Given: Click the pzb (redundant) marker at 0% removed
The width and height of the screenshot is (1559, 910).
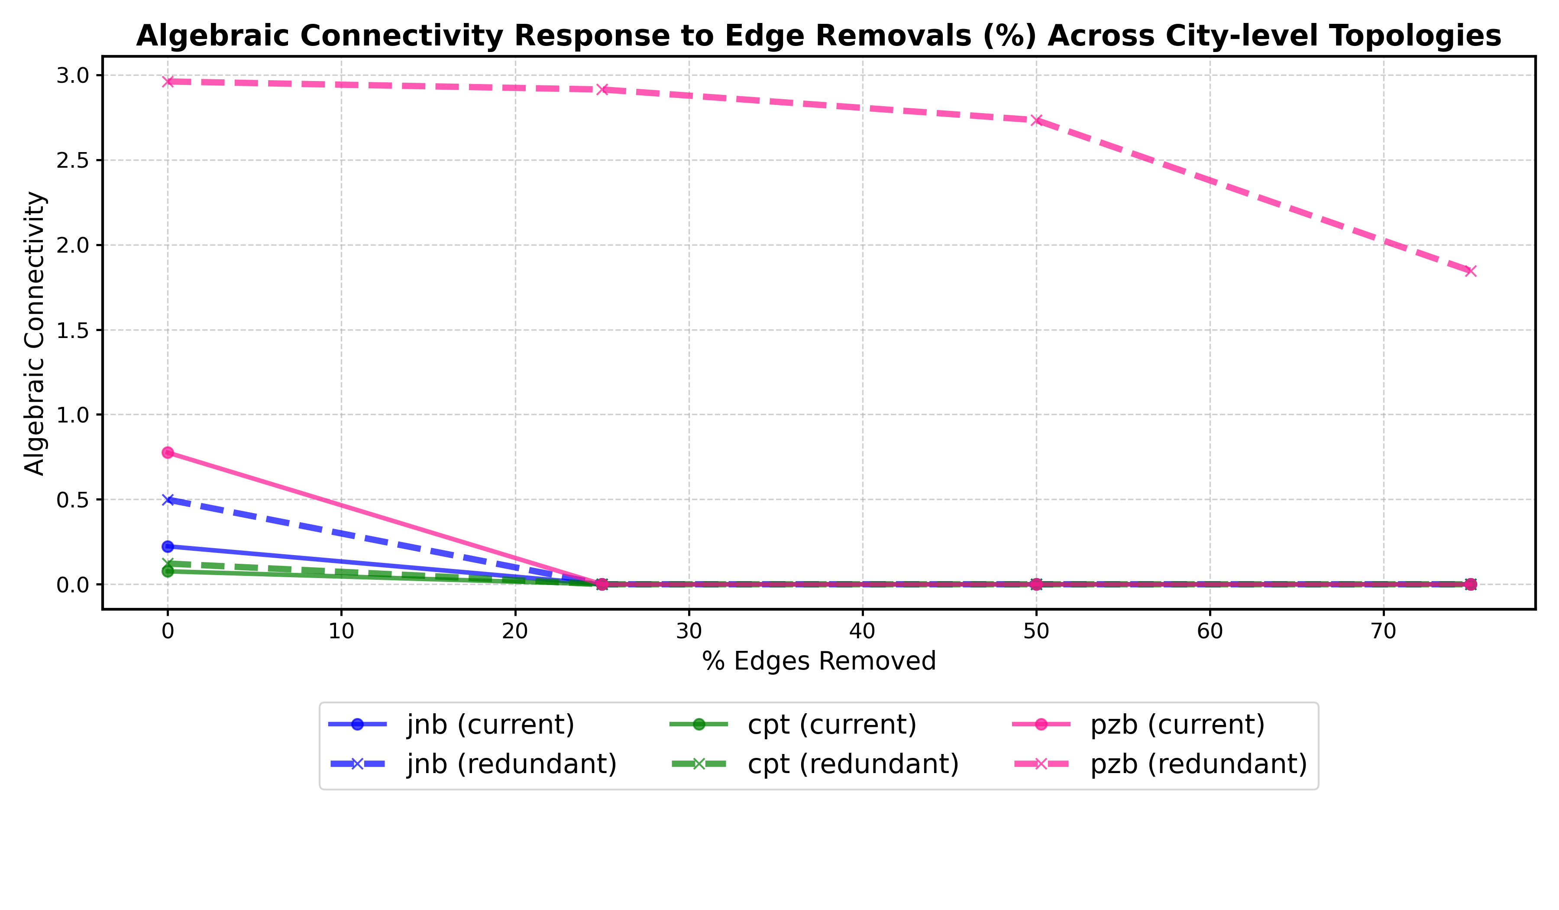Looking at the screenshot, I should (168, 82).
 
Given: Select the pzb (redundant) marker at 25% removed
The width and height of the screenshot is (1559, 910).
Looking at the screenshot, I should (602, 90).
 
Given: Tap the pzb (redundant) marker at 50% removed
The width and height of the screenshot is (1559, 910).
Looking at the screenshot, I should (1037, 120).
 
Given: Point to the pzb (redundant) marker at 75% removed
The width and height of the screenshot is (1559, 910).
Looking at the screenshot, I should (1471, 271).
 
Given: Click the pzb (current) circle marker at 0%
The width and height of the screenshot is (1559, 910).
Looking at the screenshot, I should (168, 452).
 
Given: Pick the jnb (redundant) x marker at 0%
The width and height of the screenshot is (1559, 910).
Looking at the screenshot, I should (168, 500).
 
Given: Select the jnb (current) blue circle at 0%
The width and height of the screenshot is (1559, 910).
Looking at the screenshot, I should (168, 546).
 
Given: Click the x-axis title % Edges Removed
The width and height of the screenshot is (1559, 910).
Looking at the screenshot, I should (818, 661).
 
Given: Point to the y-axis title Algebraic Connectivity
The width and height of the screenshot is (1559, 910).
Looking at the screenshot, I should (35, 333).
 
